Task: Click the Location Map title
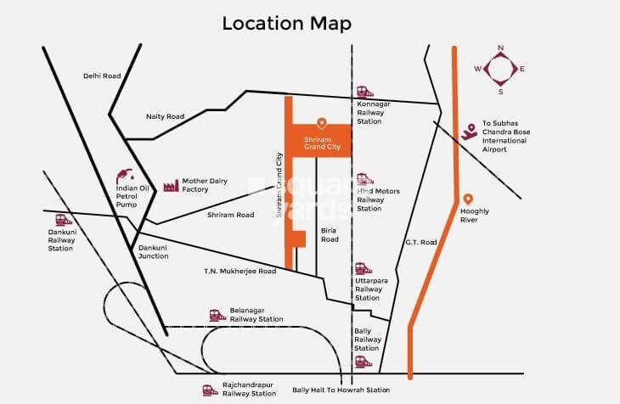click(286, 23)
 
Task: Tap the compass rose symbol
click(499, 69)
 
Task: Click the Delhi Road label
click(102, 76)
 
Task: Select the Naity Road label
click(165, 116)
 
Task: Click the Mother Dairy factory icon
click(170, 184)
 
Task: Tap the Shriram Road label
click(230, 215)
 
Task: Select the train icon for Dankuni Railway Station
click(59, 219)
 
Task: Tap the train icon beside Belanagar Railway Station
click(217, 315)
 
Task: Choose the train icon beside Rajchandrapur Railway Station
click(209, 390)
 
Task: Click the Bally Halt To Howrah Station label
click(341, 390)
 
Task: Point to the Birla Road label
click(330, 234)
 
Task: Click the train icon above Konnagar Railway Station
click(364, 92)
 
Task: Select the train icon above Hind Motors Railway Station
click(364, 178)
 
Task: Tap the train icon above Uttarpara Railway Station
click(364, 268)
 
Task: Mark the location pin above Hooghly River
click(468, 199)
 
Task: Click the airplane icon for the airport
click(469, 131)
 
